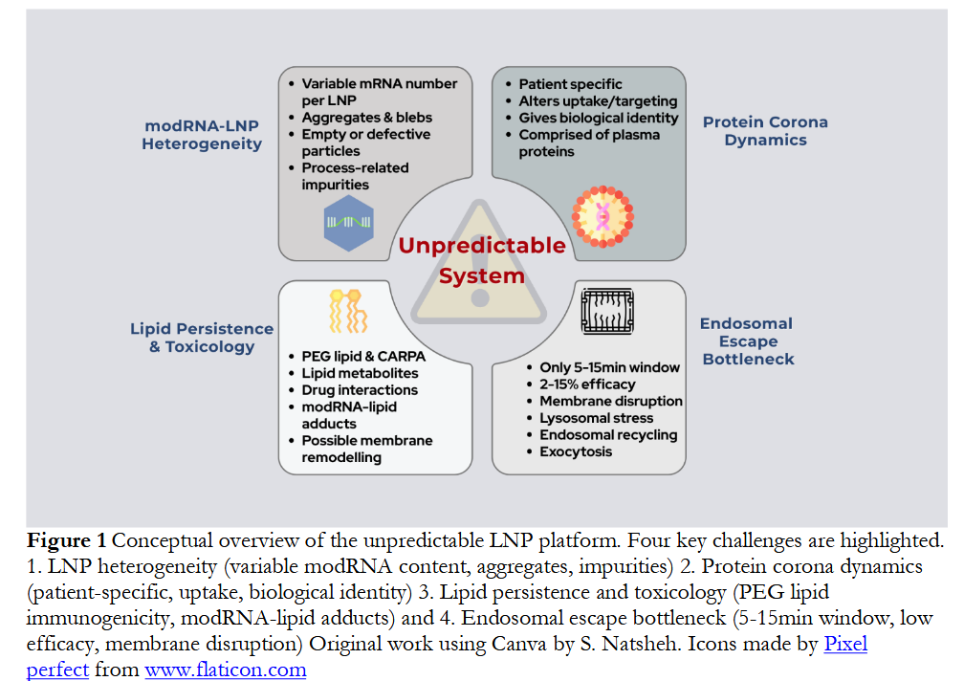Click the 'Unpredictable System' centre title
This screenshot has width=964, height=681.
[x=481, y=260]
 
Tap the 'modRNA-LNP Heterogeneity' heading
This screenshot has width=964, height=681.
[x=202, y=135]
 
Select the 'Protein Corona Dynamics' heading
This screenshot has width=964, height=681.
[x=765, y=131]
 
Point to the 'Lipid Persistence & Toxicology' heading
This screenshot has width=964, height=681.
[x=202, y=338]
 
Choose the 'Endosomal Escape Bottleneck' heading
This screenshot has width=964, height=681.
[x=747, y=341]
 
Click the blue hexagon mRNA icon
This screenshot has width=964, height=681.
[x=348, y=222]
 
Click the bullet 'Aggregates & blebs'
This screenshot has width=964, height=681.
[x=366, y=118]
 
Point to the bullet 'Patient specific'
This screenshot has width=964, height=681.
[x=570, y=84]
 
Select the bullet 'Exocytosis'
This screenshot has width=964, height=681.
[x=576, y=451]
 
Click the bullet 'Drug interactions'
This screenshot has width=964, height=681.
[x=360, y=390]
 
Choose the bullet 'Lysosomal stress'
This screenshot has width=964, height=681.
[x=596, y=418]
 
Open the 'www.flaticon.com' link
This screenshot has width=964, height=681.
[x=226, y=670]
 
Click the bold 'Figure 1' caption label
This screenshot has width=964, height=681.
[x=67, y=540]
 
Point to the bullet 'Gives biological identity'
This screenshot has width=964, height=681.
[x=598, y=118]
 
